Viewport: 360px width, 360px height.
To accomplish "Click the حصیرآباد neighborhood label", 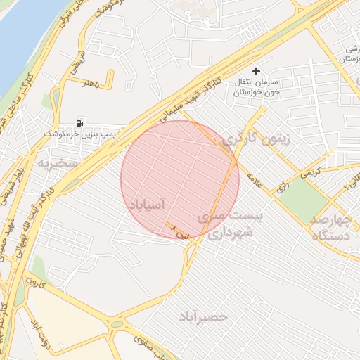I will pos(203,316).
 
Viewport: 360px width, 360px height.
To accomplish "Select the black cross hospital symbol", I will pos(256,71).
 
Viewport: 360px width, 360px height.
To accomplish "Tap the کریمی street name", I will pos(309,170).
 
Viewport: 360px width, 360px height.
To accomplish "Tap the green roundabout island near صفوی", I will pos(116,325).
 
